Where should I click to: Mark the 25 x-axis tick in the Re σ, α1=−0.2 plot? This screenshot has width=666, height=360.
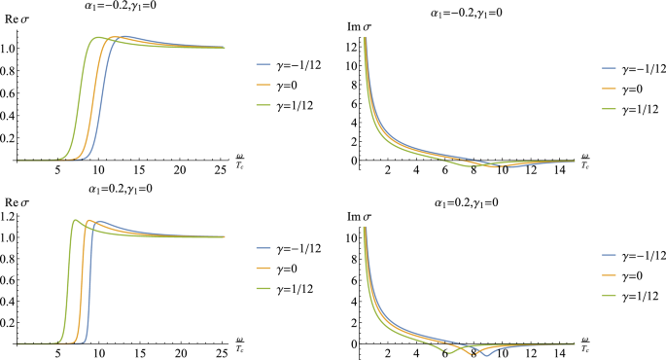(221, 171)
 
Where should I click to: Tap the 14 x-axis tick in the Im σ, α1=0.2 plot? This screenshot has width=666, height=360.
(567, 355)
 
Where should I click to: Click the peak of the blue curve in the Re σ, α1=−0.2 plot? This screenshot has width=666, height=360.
(124, 36)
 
